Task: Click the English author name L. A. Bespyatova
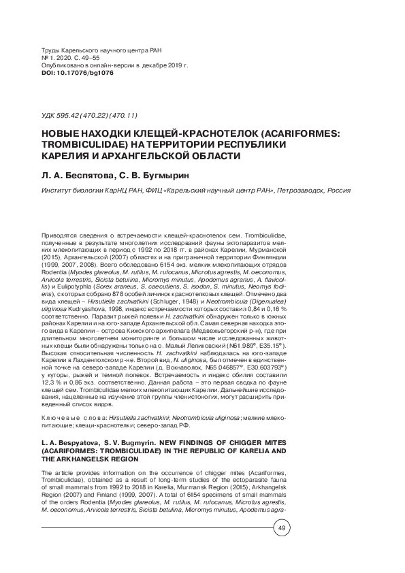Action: (74, 442)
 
